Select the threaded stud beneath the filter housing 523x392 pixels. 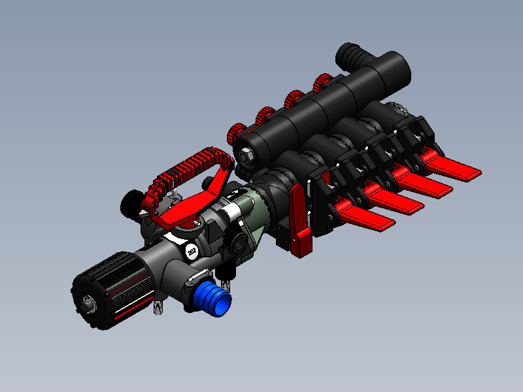(158, 306)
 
